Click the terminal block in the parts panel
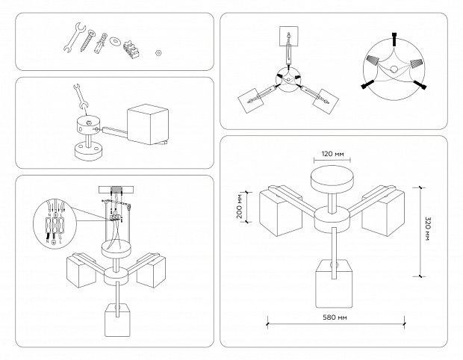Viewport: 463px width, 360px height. click(135, 49)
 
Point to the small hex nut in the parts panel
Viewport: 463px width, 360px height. click(158, 54)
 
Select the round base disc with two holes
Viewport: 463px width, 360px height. click(90, 152)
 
